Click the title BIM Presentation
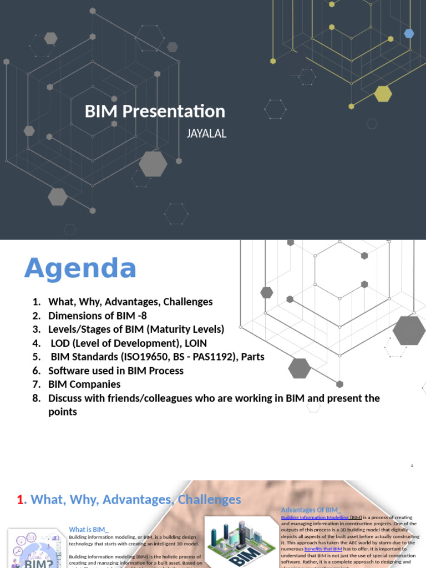click(x=155, y=111)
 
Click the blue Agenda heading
click(x=80, y=269)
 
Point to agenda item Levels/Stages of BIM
click(x=136, y=329)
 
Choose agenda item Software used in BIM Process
click(x=115, y=371)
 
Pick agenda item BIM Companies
click(x=84, y=384)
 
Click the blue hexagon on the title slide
click(x=409, y=33)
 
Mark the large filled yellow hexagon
click(x=383, y=94)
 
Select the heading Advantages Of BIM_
click(x=311, y=510)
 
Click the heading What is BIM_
click(x=89, y=530)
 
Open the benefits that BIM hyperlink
click(x=323, y=549)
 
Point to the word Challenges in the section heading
click(x=209, y=500)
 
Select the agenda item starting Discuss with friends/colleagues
click(x=214, y=398)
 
